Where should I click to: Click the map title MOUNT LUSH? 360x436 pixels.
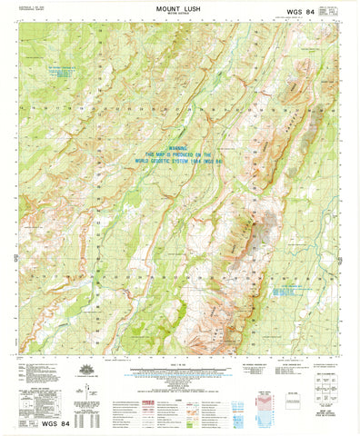pyautogui.click(x=179, y=7)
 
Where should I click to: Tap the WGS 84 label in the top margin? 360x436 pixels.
pyautogui.click(x=304, y=12)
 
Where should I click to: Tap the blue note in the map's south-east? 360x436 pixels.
pyautogui.click(x=291, y=290)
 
